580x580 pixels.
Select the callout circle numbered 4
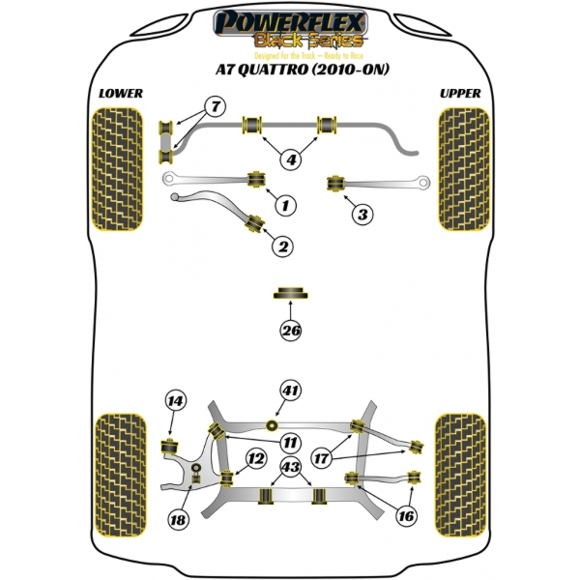point(290,159)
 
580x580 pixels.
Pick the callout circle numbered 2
point(282,247)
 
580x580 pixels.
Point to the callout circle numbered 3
point(360,213)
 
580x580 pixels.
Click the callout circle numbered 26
point(291,331)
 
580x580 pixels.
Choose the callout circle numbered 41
point(290,391)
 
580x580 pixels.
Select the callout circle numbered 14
point(175,401)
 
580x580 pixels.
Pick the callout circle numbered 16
point(406,516)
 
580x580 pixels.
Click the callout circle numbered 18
point(177,520)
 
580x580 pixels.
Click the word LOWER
point(121,93)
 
